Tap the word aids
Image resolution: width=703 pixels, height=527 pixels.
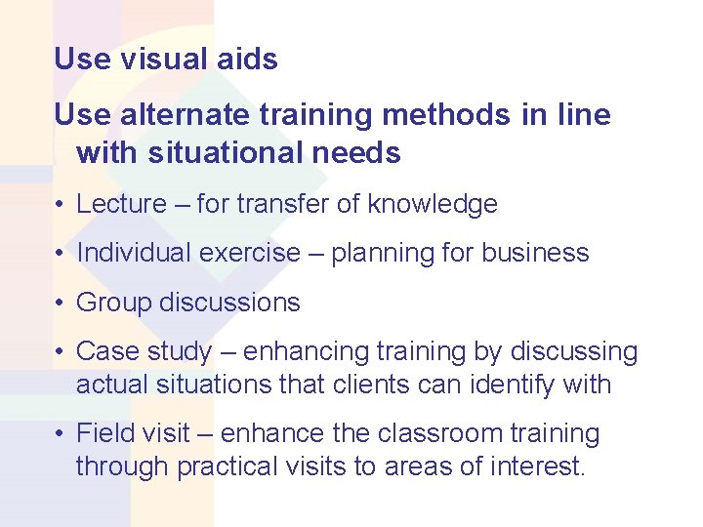(248, 60)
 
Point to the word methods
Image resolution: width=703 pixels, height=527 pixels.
(448, 115)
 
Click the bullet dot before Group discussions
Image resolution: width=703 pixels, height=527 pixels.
(61, 304)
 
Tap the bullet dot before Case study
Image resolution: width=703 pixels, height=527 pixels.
(61, 352)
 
